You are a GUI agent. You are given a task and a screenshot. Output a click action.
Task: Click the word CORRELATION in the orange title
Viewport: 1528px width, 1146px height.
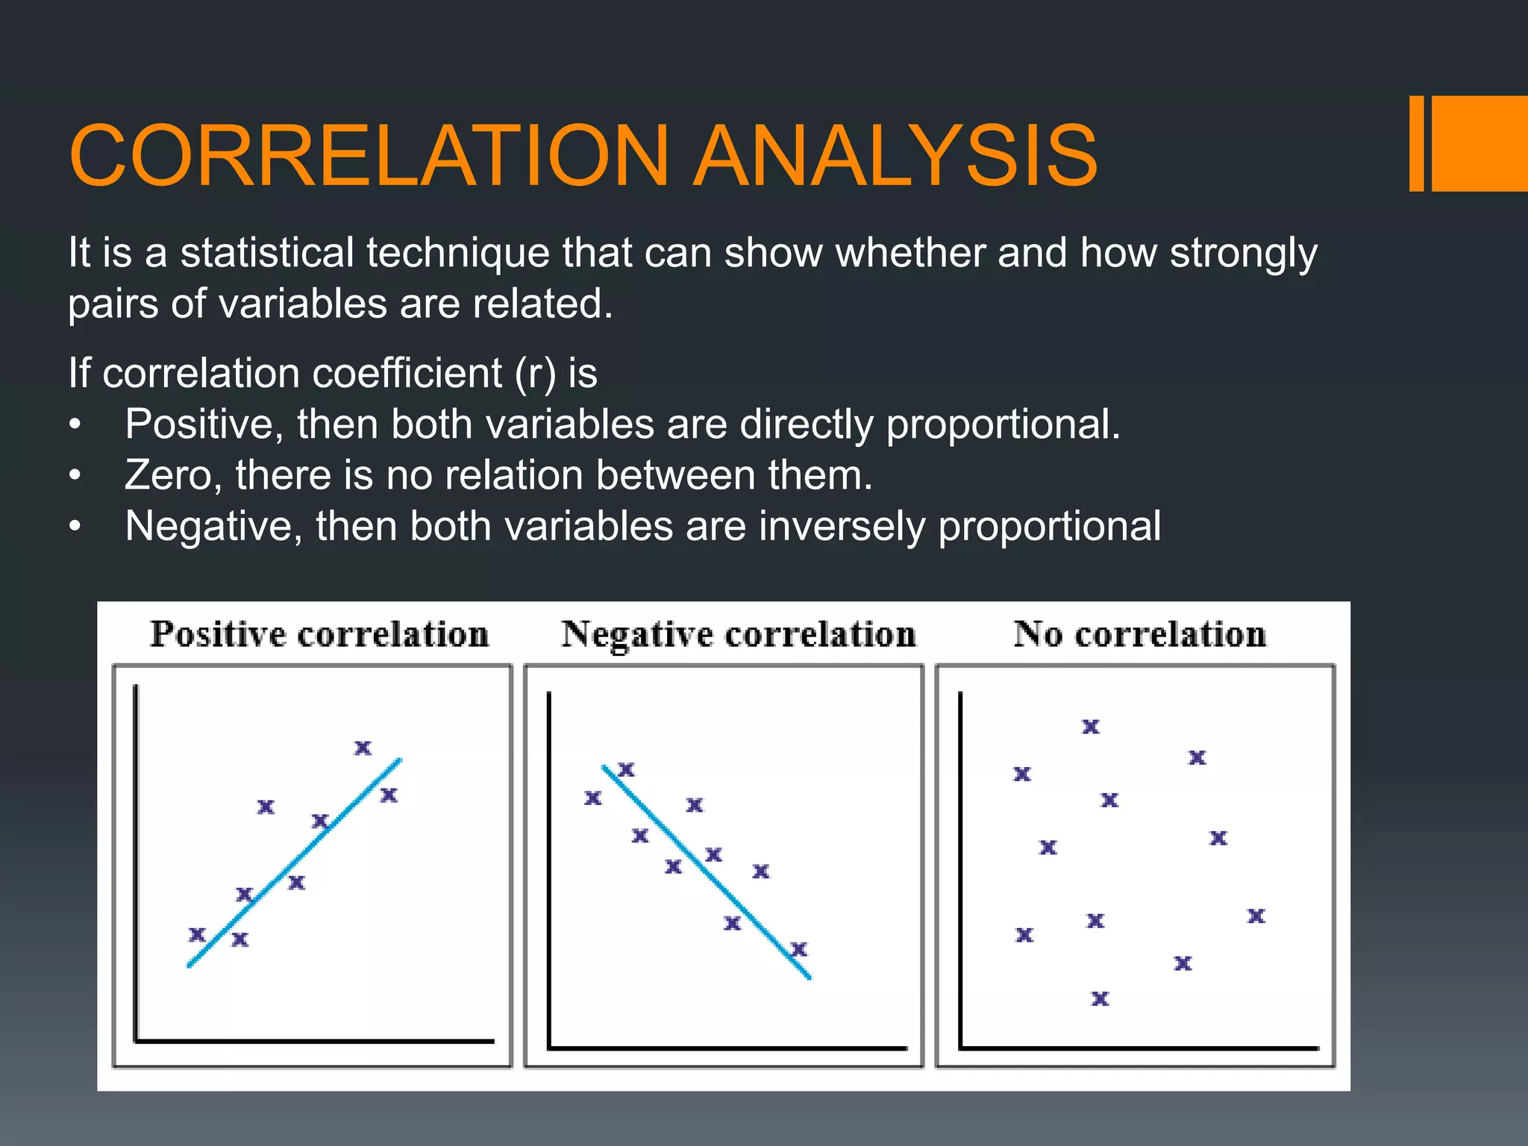tap(369, 155)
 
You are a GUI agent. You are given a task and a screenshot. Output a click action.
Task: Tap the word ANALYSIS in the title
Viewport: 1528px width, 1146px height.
tap(895, 155)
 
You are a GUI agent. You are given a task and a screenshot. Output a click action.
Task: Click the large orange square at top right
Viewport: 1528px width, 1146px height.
tap(1480, 143)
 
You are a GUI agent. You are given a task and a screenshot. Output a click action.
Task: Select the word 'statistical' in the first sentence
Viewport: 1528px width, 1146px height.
tap(267, 252)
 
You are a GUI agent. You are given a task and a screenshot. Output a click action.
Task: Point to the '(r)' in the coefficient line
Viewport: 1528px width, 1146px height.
tap(535, 373)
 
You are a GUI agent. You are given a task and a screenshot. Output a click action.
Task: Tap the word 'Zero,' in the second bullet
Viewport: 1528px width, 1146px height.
tap(173, 475)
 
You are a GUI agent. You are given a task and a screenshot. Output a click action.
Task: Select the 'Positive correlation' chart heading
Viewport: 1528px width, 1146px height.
tap(319, 634)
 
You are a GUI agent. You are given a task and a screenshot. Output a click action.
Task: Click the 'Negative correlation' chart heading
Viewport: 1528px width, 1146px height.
tap(738, 634)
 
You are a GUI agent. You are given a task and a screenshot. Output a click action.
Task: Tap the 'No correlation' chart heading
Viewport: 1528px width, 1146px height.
tap(1139, 634)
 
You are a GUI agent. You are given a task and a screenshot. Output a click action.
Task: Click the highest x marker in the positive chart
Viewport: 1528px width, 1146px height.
tap(363, 748)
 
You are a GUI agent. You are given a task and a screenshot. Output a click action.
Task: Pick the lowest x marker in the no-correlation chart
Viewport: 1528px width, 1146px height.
tap(1100, 998)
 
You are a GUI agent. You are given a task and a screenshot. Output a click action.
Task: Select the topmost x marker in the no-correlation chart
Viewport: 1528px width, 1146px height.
tap(1091, 726)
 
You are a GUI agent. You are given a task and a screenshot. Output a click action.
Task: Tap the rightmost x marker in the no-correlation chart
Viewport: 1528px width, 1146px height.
tap(1256, 915)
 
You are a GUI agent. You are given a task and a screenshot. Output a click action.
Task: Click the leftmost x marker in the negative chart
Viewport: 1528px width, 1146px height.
tap(592, 798)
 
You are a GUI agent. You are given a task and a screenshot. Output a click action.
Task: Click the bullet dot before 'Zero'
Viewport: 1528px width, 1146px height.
tap(75, 475)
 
